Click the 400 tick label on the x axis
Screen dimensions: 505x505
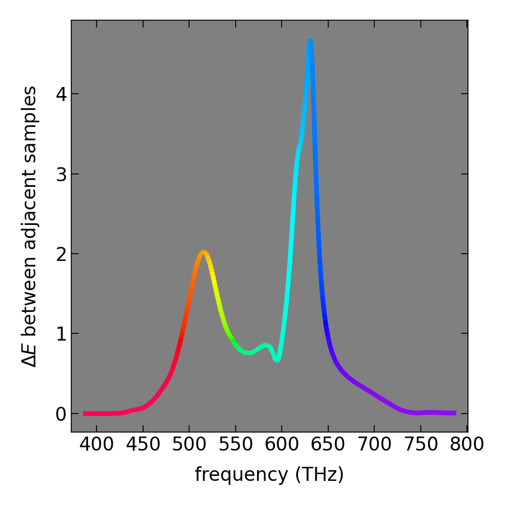click(x=97, y=445)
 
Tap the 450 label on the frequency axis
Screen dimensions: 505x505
click(x=143, y=445)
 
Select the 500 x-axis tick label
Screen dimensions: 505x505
click(x=189, y=445)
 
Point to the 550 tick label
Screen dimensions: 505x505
click(x=235, y=445)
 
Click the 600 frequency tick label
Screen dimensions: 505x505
click(x=282, y=445)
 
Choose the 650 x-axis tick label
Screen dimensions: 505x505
click(x=328, y=445)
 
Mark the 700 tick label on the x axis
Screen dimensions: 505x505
click(x=374, y=445)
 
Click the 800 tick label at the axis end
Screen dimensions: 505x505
click(x=467, y=445)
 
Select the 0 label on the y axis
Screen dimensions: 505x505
click(x=61, y=414)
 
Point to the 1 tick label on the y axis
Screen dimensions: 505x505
click(x=61, y=334)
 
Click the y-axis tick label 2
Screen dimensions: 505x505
click(x=61, y=254)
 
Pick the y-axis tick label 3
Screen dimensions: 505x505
click(x=61, y=174)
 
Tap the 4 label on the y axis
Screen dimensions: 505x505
click(x=61, y=94)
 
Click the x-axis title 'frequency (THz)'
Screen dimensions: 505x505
click(x=269, y=475)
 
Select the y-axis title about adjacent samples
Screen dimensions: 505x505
click(x=29, y=226)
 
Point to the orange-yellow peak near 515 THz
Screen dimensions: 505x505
click(x=203, y=253)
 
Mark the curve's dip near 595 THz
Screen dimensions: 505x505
click(x=277, y=359)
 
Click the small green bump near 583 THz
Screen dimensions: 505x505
click(x=267, y=346)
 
